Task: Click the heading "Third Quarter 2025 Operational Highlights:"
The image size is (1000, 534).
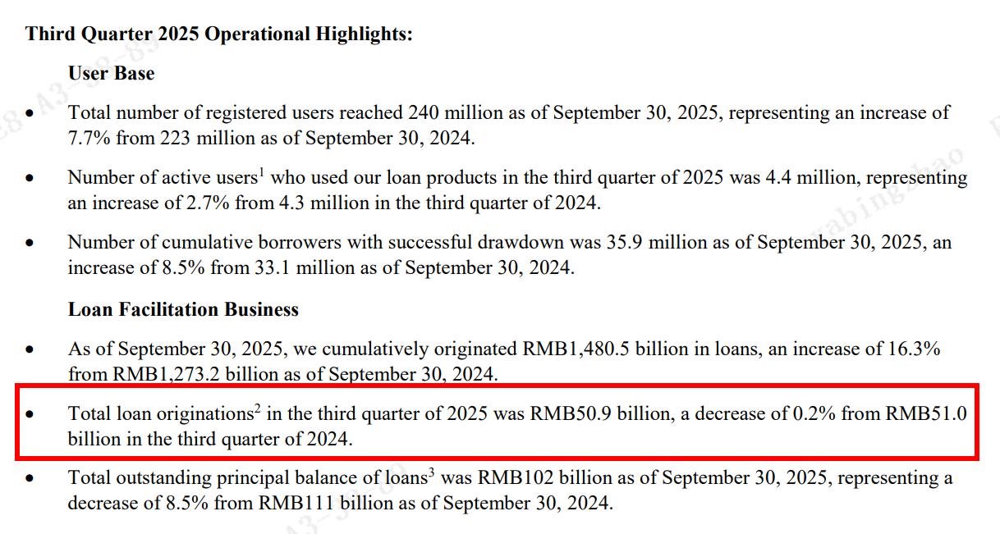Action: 218,34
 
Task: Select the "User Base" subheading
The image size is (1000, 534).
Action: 111,73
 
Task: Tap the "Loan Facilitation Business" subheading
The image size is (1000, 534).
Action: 183,309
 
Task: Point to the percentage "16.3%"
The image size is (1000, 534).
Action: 911,349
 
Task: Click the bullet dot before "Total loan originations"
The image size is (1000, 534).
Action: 30,415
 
